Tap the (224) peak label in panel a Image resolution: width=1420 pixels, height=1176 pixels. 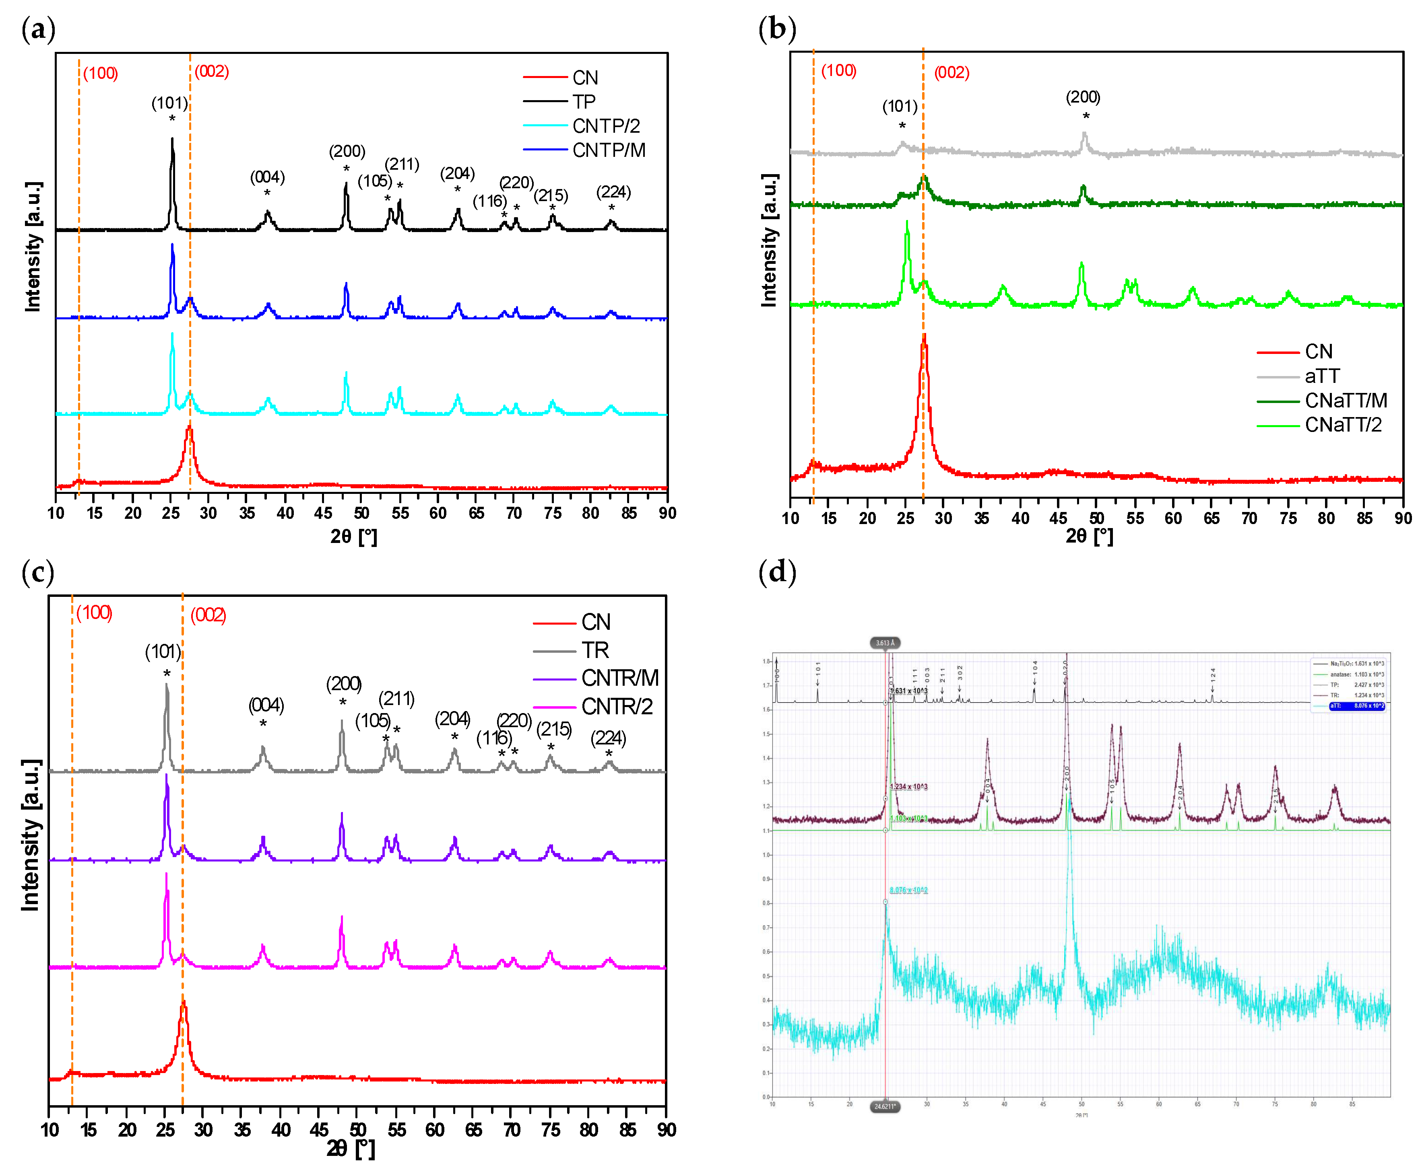click(x=613, y=192)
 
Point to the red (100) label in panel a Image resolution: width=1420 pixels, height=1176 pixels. click(x=100, y=73)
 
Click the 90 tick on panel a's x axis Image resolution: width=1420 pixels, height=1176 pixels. click(x=667, y=513)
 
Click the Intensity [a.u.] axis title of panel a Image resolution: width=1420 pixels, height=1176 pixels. click(x=33, y=247)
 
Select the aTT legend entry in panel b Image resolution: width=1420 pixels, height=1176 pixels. click(x=1321, y=376)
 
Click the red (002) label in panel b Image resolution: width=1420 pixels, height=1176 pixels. click(x=951, y=72)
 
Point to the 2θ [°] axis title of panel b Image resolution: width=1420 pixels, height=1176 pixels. click(x=1089, y=536)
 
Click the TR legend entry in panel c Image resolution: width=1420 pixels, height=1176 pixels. click(x=594, y=650)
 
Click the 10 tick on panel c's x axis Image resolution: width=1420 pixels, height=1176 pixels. click(x=50, y=1129)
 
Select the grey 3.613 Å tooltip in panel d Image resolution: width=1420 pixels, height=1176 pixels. click(x=884, y=643)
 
